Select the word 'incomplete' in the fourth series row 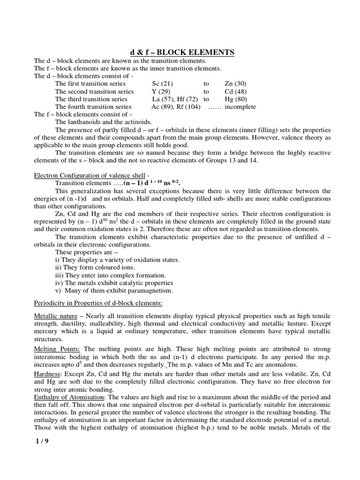(x=240, y=106)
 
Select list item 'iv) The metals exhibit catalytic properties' (x=114, y=283)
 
